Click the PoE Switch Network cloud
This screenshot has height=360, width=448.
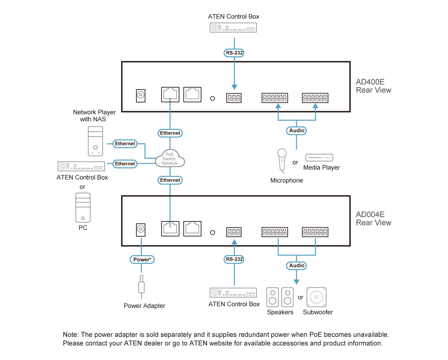tap(170, 158)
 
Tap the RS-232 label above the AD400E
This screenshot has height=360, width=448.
tap(234, 53)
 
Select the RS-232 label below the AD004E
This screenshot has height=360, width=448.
tap(234, 259)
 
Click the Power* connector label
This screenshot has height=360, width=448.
tap(142, 259)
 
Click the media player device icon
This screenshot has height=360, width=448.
tap(319, 157)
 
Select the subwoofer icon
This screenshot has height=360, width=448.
tap(316, 297)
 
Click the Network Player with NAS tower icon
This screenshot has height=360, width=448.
tap(95, 141)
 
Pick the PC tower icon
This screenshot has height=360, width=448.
tap(83, 208)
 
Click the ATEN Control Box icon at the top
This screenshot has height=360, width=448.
tap(233, 28)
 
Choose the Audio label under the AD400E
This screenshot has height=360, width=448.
tap(297, 130)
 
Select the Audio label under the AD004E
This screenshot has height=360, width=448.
tap(297, 265)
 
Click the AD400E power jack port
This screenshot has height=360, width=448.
tap(141, 95)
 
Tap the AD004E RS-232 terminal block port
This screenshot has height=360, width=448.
tap(234, 232)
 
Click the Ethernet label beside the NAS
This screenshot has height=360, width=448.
tap(125, 144)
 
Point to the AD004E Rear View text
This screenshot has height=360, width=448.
tap(373, 219)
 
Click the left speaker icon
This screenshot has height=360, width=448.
tap(273, 297)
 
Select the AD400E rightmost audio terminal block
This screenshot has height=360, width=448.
tap(315, 98)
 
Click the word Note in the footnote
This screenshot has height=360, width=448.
tap(70, 334)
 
